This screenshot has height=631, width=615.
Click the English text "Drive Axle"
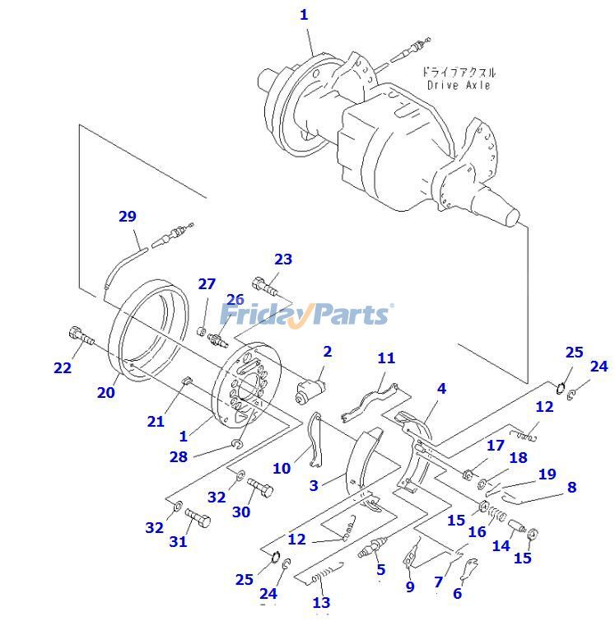(459, 85)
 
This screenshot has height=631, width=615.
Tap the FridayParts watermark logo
(305, 314)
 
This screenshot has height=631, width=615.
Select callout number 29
(127, 217)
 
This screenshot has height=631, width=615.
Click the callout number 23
(282, 259)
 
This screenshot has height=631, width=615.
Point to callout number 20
(105, 392)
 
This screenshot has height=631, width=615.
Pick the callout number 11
(386, 358)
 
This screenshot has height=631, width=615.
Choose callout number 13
(321, 603)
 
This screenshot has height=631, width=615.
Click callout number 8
(571, 487)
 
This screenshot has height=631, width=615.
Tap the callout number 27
(206, 284)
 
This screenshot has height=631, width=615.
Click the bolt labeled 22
(80, 337)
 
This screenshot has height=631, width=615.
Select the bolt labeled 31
(197, 520)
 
